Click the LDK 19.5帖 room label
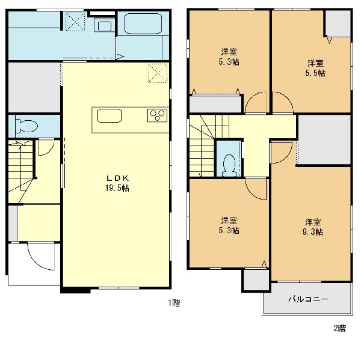pyautogui.click(x=117, y=183)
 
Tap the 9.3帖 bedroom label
pyautogui.click(x=313, y=227)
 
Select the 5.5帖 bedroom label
pyautogui.click(x=315, y=68)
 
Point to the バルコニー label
pyautogui.click(x=308, y=299)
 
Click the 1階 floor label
pyautogui.click(x=174, y=303)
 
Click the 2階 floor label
pyautogui.click(x=340, y=328)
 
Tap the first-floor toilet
pyautogui.click(x=26, y=126)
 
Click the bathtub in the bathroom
pyautogui.click(x=143, y=24)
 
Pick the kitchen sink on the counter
pyautogui.click(x=110, y=115)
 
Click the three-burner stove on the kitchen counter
pyautogui.click(x=157, y=115)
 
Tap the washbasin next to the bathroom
pyautogui.click(x=104, y=25)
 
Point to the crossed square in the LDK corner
pyautogui.click(x=158, y=73)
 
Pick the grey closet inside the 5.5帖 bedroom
pyautogui.click(x=338, y=23)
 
